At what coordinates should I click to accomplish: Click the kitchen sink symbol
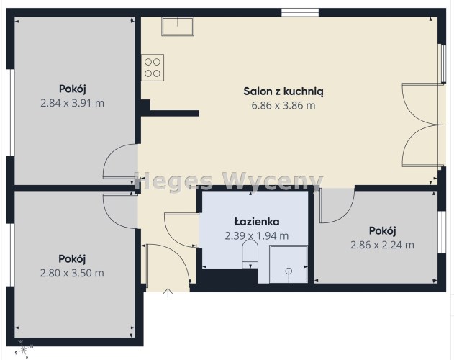(x=178, y=27)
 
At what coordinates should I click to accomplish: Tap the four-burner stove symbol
(x=153, y=68)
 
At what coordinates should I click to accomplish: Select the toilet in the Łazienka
(x=250, y=254)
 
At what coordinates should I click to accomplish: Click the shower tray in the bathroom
(x=289, y=264)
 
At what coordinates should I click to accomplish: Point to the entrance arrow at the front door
(x=168, y=293)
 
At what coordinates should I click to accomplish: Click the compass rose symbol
(x=24, y=349)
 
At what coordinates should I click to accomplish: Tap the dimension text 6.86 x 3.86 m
(x=283, y=106)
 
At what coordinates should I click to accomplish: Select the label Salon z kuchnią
(x=283, y=91)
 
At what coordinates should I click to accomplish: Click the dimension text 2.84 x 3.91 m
(x=72, y=103)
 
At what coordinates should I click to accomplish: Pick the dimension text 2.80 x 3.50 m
(x=72, y=273)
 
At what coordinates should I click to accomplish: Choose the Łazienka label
(x=257, y=222)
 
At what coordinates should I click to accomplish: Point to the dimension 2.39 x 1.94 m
(x=257, y=236)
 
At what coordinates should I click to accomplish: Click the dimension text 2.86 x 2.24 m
(x=382, y=246)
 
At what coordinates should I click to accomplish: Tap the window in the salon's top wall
(x=300, y=12)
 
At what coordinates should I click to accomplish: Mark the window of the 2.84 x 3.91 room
(x=10, y=113)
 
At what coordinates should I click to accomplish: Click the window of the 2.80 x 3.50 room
(x=10, y=255)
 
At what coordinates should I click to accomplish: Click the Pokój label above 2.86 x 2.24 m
(x=382, y=231)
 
